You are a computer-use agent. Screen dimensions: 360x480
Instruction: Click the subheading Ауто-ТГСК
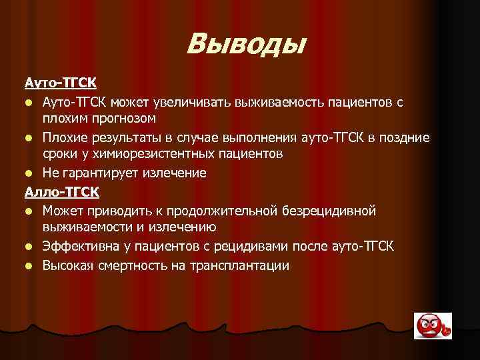pos(60,83)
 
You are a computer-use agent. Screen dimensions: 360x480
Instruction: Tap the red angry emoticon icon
pos(433,326)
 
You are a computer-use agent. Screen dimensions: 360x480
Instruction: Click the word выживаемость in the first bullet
pos(289,102)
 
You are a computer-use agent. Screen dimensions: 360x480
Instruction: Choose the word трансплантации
pos(241,265)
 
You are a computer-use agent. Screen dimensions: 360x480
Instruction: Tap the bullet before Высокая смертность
pos(29,266)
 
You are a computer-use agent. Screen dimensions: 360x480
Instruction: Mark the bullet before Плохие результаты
pos(29,138)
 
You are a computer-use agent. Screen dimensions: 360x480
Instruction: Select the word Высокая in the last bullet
pos(67,265)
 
